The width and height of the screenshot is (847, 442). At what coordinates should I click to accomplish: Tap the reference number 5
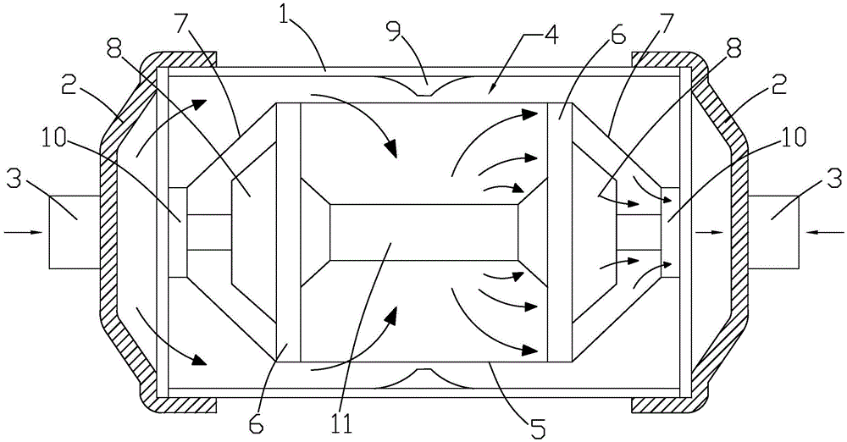coord(539,426)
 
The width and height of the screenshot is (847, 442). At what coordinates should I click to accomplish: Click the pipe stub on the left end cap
coord(74,232)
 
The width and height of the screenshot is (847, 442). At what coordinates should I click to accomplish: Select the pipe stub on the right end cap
coord(773,232)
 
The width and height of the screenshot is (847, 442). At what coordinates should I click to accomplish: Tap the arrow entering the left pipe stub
coord(23,232)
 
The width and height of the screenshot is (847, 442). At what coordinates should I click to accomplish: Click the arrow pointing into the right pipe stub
coord(824,232)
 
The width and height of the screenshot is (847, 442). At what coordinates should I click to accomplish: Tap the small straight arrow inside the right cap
coord(709,232)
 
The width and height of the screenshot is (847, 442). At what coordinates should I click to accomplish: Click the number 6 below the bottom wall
coord(257,424)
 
